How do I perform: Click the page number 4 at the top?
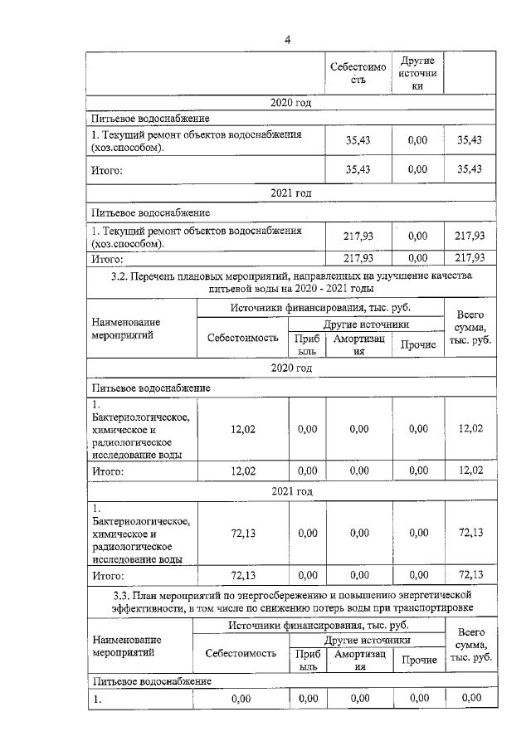[287, 38]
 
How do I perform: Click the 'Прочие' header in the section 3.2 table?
[418, 344]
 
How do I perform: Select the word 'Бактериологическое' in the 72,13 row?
[141, 521]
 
